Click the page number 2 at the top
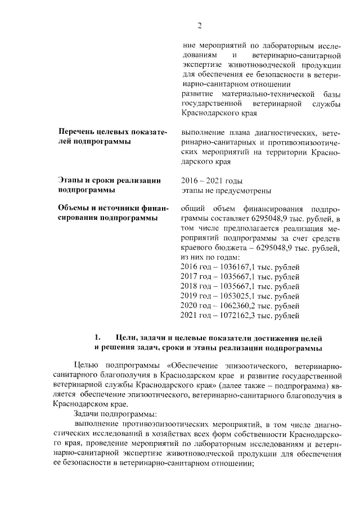199,26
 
